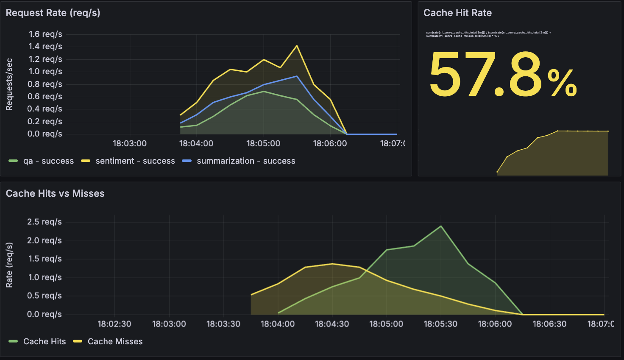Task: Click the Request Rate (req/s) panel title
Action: pyautogui.click(x=53, y=13)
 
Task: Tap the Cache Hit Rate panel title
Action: pyautogui.click(x=457, y=13)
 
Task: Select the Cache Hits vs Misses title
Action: pyautogui.click(x=55, y=193)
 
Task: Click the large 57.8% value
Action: pyautogui.click(x=502, y=75)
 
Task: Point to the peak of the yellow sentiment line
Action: pyautogui.click(x=297, y=46)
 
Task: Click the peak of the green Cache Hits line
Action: pyautogui.click(x=441, y=226)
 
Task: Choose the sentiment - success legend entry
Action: pyautogui.click(x=135, y=161)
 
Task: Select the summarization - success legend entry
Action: pyautogui.click(x=245, y=161)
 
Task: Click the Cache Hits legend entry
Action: pyautogui.click(x=44, y=342)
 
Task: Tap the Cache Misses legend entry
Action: pyautogui.click(x=115, y=342)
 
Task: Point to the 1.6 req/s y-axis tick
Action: pyautogui.click(x=45, y=34)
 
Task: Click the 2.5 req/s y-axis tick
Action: pyautogui.click(x=45, y=222)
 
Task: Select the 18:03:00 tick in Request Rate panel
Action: pyautogui.click(x=130, y=144)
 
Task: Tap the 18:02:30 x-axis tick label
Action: pyautogui.click(x=114, y=324)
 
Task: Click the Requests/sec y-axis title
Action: pyautogui.click(x=9, y=84)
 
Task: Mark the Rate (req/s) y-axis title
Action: pyautogui.click(x=9, y=265)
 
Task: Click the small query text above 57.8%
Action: pyautogui.click(x=487, y=34)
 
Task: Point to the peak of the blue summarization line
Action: pyautogui.click(x=297, y=76)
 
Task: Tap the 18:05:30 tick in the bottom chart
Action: pyautogui.click(x=441, y=324)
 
